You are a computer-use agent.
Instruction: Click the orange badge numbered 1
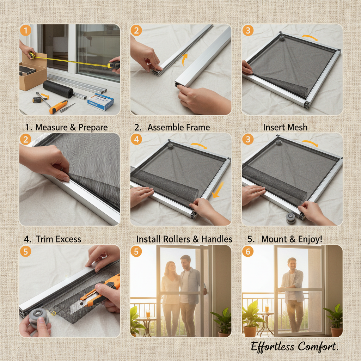click(25, 31)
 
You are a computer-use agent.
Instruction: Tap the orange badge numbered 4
click(136, 140)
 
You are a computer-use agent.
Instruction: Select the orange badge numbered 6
click(248, 252)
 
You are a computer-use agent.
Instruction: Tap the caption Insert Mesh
click(285, 127)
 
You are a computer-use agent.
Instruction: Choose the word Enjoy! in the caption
click(310, 239)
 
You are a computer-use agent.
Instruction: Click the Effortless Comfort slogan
click(294, 347)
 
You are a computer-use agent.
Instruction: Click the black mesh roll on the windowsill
click(58, 89)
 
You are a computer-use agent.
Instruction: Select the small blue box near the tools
click(100, 101)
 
